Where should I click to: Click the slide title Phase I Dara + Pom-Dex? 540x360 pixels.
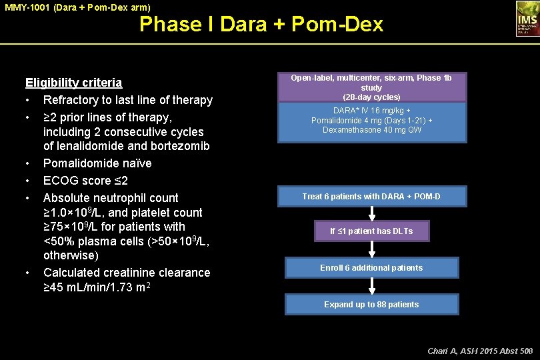click(x=261, y=25)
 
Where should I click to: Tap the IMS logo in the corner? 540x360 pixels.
click(x=526, y=18)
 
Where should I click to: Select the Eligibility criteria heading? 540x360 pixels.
click(x=73, y=83)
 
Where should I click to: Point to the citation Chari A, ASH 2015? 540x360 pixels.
click(x=479, y=350)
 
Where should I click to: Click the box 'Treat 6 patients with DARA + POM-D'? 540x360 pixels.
click(x=371, y=197)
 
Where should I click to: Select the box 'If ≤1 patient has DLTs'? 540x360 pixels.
click(x=371, y=231)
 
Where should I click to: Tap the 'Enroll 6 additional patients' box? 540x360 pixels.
click(x=371, y=268)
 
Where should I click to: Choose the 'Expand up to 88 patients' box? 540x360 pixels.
click(x=371, y=305)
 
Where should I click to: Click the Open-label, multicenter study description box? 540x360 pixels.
click(x=371, y=87)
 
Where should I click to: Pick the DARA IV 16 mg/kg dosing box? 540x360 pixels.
click(x=371, y=121)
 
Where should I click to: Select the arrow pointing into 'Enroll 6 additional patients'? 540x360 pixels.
click(x=371, y=249)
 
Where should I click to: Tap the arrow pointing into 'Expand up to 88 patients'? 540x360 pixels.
click(x=371, y=286)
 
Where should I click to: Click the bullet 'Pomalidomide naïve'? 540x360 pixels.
click(x=97, y=163)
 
